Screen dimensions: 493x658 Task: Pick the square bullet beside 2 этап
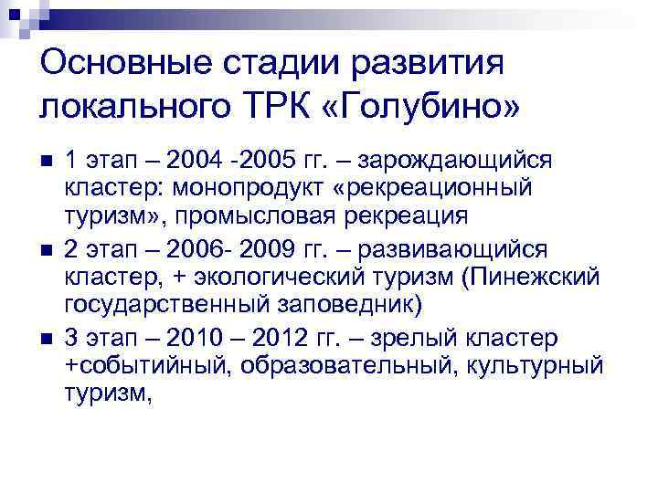click(x=48, y=249)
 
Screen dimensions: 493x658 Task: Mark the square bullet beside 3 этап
click(x=48, y=338)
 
